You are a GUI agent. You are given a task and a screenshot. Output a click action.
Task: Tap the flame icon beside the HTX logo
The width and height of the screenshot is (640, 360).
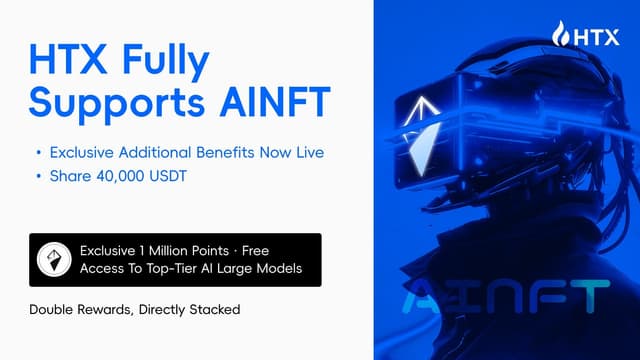click(560, 36)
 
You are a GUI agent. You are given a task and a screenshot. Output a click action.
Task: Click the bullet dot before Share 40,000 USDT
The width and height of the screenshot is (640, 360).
click(39, 176)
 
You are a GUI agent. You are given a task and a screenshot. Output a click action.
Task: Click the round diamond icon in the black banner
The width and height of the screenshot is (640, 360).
click(51, 259)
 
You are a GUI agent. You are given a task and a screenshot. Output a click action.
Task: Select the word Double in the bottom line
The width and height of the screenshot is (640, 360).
click(55, 310)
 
